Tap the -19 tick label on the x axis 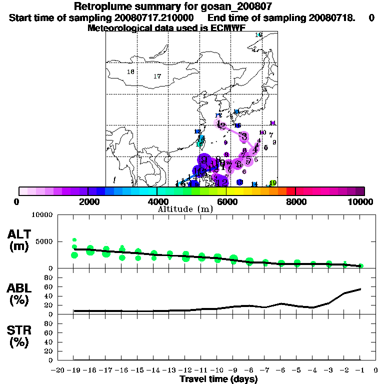[74, 370]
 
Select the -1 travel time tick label [360, 370]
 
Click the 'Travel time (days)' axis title [218, 379]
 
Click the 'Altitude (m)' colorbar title [185, 209]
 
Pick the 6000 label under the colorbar [226, 201]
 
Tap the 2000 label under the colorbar [88, 201]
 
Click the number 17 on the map [157, 76]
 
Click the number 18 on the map [130, 72]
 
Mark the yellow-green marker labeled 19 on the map [273, 183]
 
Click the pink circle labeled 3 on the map [244, 136]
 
